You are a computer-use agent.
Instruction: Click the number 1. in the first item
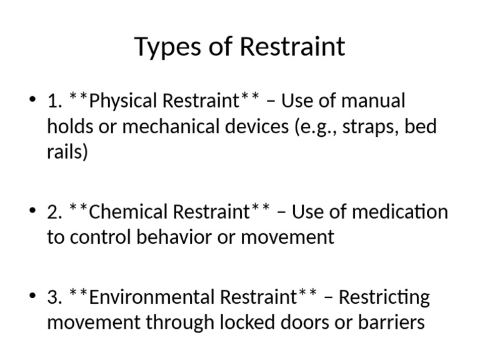[54, 101]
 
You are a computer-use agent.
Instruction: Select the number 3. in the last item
[54, 297]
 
